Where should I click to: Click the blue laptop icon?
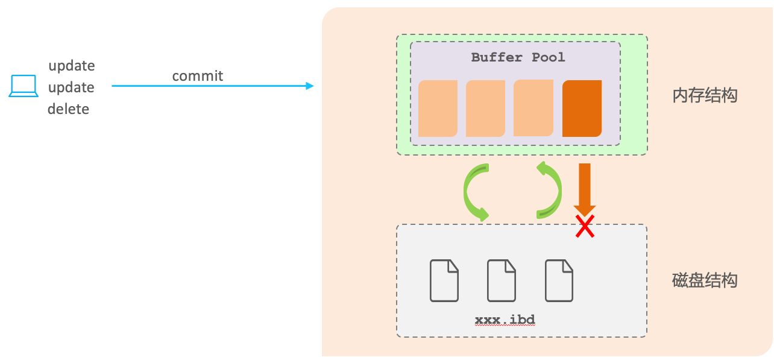(24, 86)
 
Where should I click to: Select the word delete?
(68, 109)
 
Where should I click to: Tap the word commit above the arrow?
(197, 76)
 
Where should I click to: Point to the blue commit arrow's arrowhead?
(310, 86)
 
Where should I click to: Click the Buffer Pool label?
(518, 57)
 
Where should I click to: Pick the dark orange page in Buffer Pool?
(582, 109)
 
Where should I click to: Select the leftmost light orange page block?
(438, 109)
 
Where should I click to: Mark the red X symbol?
(584, 227)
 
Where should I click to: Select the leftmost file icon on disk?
(444, 280)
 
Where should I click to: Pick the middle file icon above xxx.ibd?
(501, 280)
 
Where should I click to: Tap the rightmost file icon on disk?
(559, 280)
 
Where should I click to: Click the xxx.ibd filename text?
(505, 319)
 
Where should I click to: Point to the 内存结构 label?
(705, 95)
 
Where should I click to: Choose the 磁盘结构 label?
(705, 280)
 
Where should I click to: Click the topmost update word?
(71, 65)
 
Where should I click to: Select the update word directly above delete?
(71, 87)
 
